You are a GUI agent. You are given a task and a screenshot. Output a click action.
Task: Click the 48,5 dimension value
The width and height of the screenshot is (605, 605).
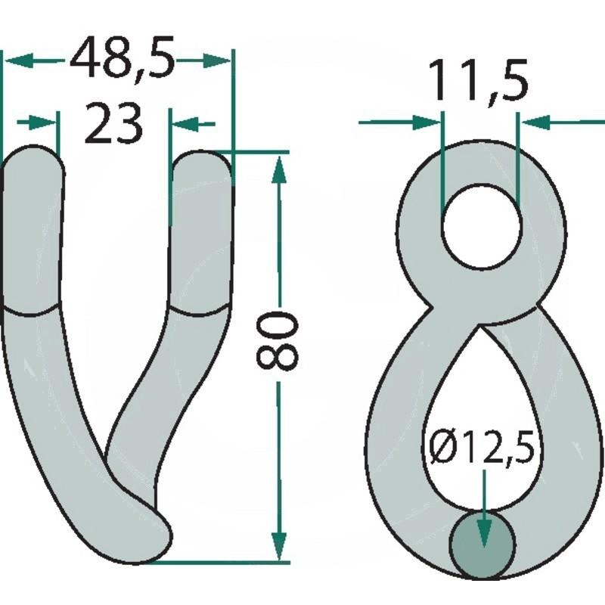point(122,57)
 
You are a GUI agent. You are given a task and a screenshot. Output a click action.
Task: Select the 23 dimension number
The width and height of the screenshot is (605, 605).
point(113,123)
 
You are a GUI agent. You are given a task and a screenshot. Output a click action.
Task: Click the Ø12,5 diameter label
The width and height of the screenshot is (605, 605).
point(482,448)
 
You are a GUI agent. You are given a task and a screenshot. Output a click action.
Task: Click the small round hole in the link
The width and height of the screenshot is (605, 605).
point(482,226)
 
